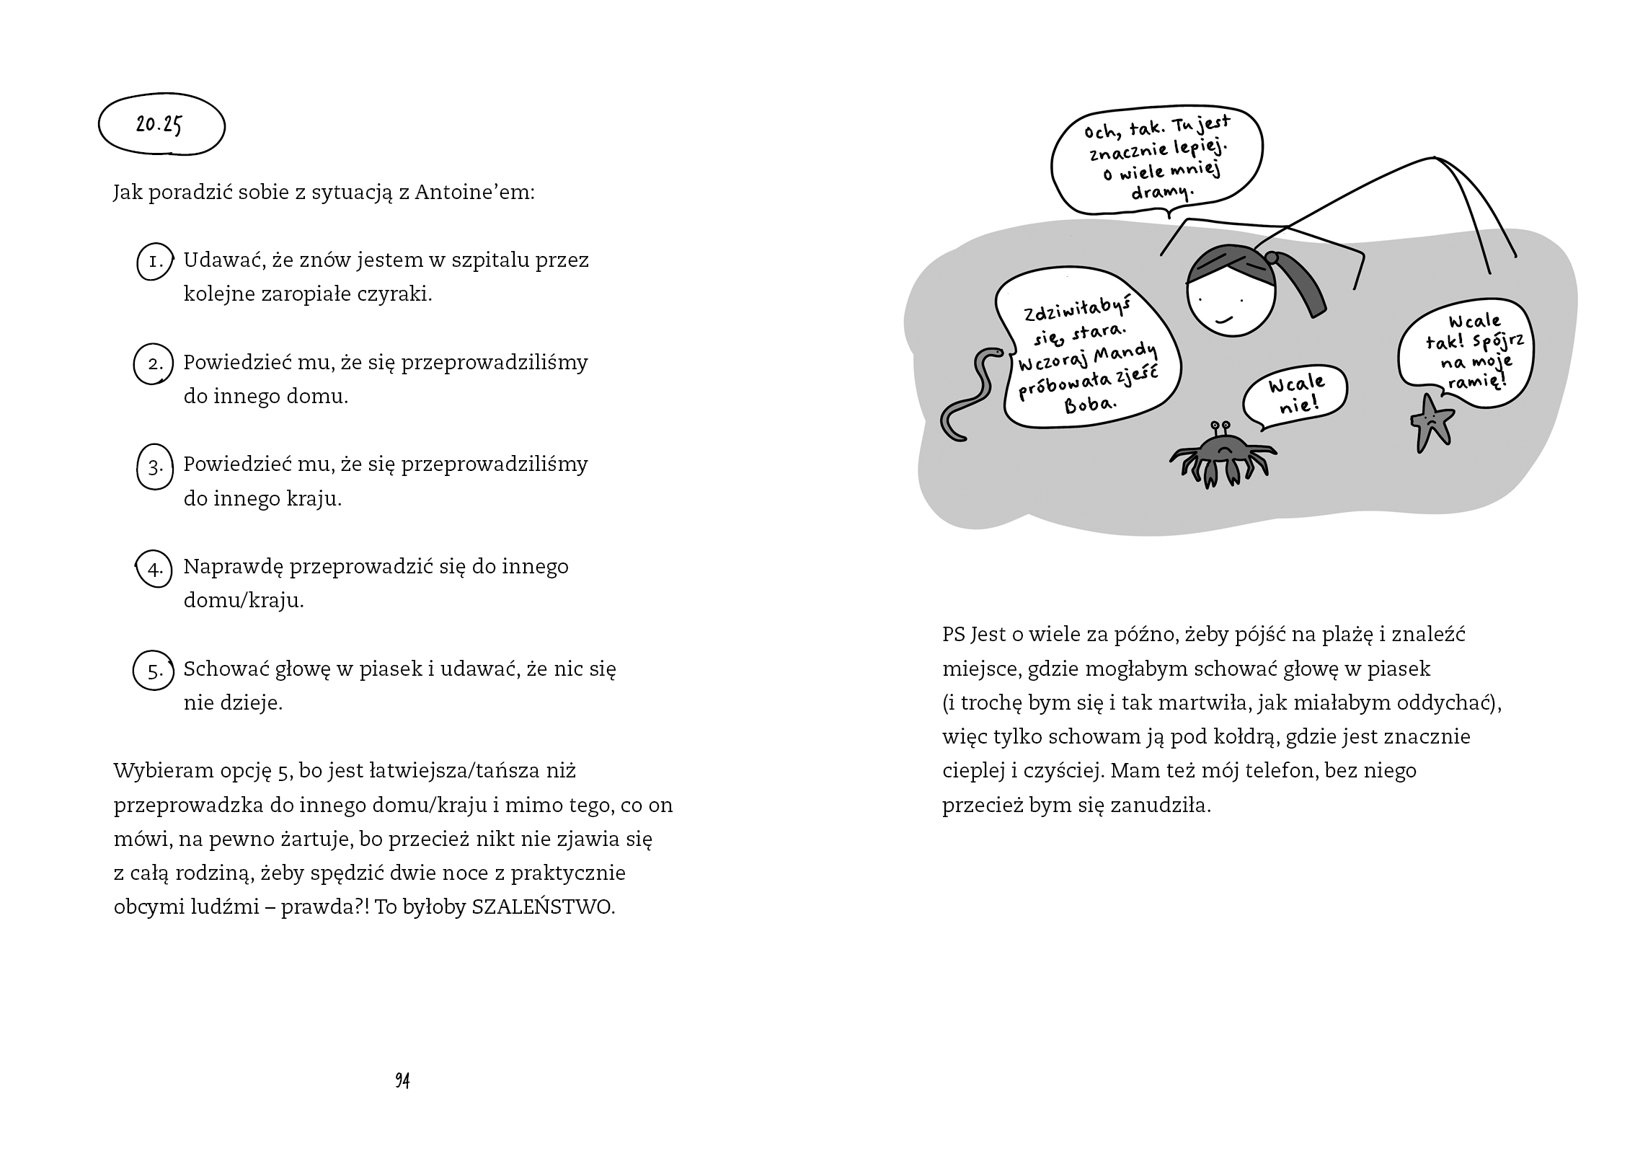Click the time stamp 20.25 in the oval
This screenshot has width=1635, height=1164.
point(159,125)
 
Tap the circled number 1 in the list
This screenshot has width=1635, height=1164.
point(155,261)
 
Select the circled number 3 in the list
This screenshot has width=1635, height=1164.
point(155,467)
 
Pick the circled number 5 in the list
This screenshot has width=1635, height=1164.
point(155,671)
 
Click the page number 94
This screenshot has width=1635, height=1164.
point(402,1080)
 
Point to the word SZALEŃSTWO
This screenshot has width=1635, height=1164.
point(543,907)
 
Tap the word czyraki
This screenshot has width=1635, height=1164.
point(394,294)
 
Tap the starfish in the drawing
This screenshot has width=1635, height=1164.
point(1431,423)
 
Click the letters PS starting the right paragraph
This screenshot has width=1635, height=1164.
point(953,635)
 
